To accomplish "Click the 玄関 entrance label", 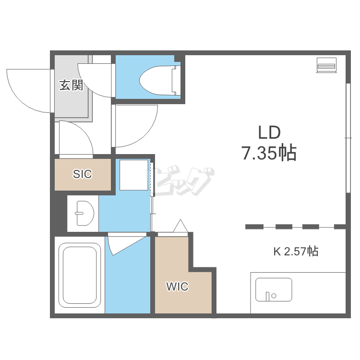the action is tap(71, 85).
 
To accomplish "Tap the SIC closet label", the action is tap(83, 174).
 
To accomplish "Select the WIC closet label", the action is tap(178, 286).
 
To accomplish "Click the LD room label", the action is tap(269, 132).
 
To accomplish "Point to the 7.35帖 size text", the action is tap(269, 153).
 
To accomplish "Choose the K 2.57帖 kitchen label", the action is tap(296, 251).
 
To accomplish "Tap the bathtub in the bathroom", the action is tap(80, 275).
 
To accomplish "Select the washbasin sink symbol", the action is tap(85, 213).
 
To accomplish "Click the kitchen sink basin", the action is tap(274, 289).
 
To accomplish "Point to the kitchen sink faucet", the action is tap(267, 296).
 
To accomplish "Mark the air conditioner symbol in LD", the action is tap(326, 65).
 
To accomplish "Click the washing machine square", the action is tap(134, 175).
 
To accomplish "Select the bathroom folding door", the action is tap(127, 244).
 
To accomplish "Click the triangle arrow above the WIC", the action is tap(180, 226).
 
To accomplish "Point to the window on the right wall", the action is tap(348, 138).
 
